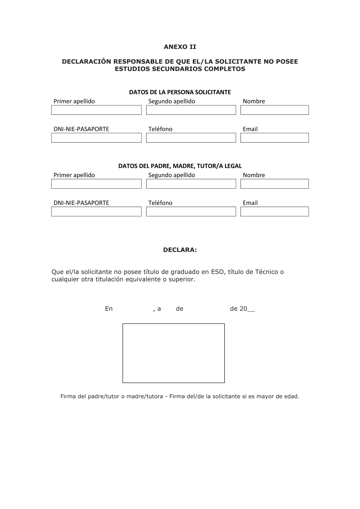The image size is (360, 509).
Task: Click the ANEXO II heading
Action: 180,47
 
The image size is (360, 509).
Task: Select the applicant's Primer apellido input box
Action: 96,110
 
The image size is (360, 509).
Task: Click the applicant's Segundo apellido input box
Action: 191,110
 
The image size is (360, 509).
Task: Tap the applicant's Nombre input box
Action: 274,110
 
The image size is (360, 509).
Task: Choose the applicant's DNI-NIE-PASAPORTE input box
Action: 96,138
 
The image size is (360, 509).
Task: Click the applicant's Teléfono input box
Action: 191,138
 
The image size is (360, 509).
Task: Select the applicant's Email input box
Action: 274,138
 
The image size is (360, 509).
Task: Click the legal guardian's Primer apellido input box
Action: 96,184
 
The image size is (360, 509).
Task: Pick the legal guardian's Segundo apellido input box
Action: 191,184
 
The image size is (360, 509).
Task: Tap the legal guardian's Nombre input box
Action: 274,184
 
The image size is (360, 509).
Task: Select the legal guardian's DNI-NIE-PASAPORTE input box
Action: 96,212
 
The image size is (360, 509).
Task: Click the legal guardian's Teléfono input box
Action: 191,212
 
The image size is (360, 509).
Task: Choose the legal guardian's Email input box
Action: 274,212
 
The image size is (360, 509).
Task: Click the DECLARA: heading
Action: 180,250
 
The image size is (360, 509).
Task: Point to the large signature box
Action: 174,353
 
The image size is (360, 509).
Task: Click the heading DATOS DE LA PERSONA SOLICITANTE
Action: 180,92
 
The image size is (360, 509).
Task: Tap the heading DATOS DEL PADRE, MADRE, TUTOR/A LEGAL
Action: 180,166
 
